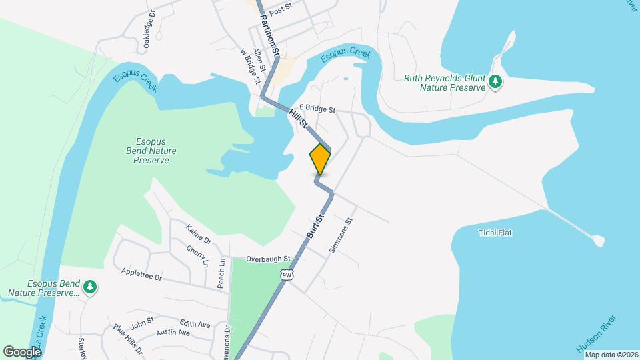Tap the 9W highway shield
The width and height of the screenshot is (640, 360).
pyautogui.click(x=287, y=275)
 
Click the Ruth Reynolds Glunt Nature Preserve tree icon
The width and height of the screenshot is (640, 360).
pyautogui.click(x=495, y=82)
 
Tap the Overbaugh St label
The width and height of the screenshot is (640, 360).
pyautogui.click(x=269, y=259)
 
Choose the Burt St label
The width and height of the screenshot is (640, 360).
pyautogui.click(x=315, y=227)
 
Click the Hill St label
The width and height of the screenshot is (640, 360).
pyautogui.click(x=298, y=119)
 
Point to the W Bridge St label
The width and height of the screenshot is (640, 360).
pyautogui.click(x=249, y=65)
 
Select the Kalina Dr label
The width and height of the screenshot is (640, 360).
pyautogui.click(x=199, y=235)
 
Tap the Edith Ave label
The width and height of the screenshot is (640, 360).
pyautogui.click(x=195, y=325)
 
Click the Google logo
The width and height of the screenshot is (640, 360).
pyautogui.click(x=22, y=351)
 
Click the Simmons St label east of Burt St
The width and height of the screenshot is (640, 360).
pyautogui.click(x=340, y=235)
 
